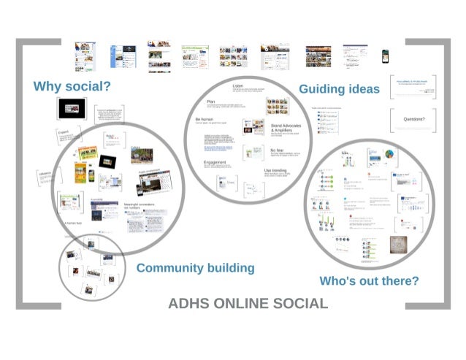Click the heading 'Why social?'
(x=72, y=86)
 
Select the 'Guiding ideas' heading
(x=339, y=88)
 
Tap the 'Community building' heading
(x=195, y=267)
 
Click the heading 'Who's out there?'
(x=369, y=280)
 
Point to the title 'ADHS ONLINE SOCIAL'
(x=248, y=303)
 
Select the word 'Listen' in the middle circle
(x=237, y=86)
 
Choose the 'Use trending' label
(x=278, y=170)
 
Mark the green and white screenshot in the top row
(x=196, y=55)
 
